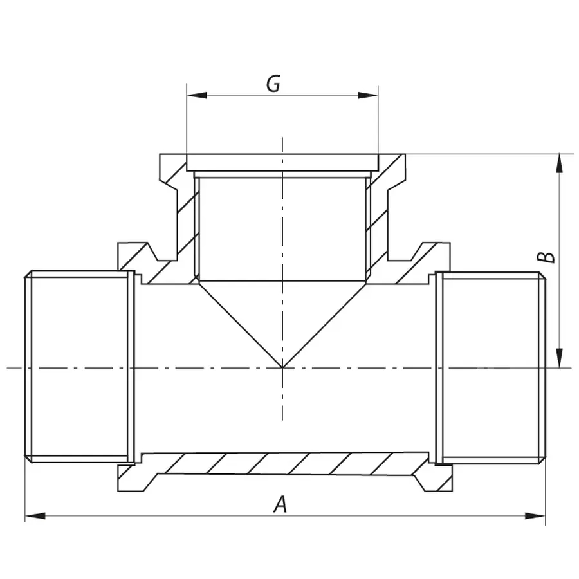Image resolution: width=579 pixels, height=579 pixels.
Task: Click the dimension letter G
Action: (x=273, y=84)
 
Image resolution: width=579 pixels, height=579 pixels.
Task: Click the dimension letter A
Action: (x=279, y=504)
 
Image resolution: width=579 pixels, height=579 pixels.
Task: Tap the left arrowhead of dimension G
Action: (x=197, y=96)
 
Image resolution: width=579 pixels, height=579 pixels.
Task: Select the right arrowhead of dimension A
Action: (x=535, y=515)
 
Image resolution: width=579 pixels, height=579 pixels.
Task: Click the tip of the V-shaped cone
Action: (x=282, y=367)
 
